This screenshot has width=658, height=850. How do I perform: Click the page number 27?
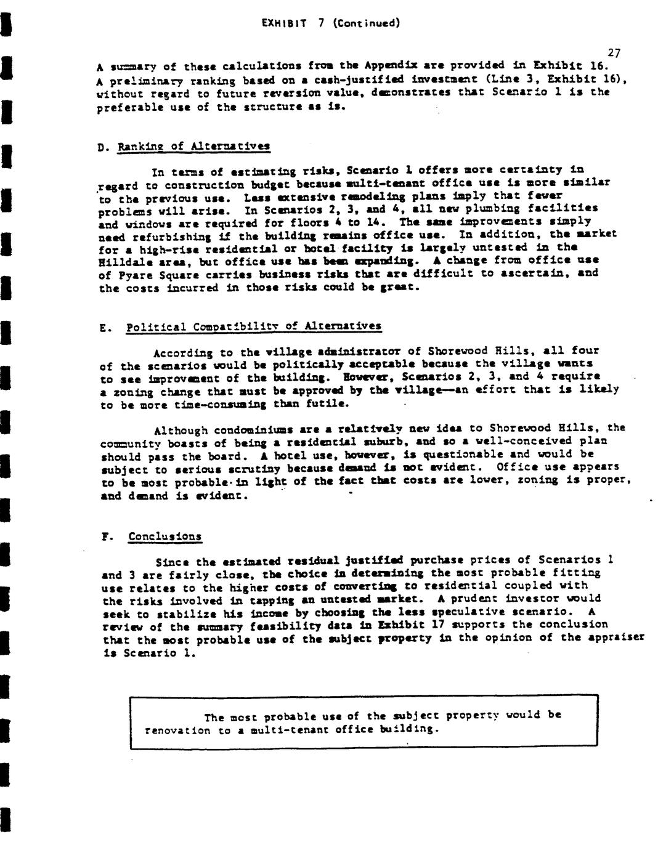(x=613, y=54)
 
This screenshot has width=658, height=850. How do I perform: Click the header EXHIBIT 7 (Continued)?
(x=331, y=23)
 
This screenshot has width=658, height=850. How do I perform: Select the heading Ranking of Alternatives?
(x=194, y=147)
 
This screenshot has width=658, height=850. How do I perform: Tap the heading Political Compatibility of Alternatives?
(x=253, y=326)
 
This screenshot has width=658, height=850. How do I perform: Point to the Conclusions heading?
(x=164, y=536)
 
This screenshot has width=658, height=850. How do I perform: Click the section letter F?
(x=105, y=536)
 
